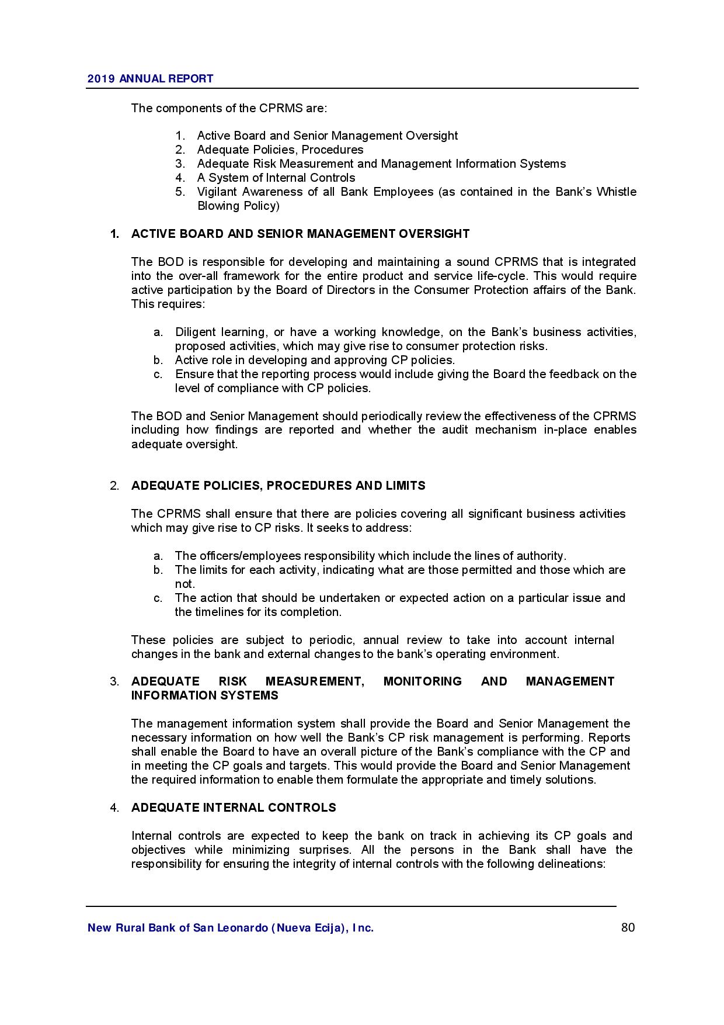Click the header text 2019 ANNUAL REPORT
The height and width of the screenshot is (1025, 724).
(x=150, y=79)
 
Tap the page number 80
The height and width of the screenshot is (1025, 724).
(x=628, y=927)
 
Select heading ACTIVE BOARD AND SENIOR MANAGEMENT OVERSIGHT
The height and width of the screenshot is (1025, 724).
(x=300, y=234)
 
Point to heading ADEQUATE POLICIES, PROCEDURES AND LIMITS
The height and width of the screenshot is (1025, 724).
(x=278, y=486)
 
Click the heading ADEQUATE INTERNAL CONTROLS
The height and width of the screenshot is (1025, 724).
(x=234, y=808)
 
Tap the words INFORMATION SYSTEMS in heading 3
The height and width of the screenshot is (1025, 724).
(x=204, y=695)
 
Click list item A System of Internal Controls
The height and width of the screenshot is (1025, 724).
(x=276, y=178)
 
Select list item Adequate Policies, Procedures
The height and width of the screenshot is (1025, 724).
(x=280, y=150)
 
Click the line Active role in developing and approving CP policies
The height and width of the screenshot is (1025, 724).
(x=315, y=360)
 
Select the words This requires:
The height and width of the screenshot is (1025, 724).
(x=168, y=304)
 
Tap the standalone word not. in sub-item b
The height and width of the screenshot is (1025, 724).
(x=185, y=584)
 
